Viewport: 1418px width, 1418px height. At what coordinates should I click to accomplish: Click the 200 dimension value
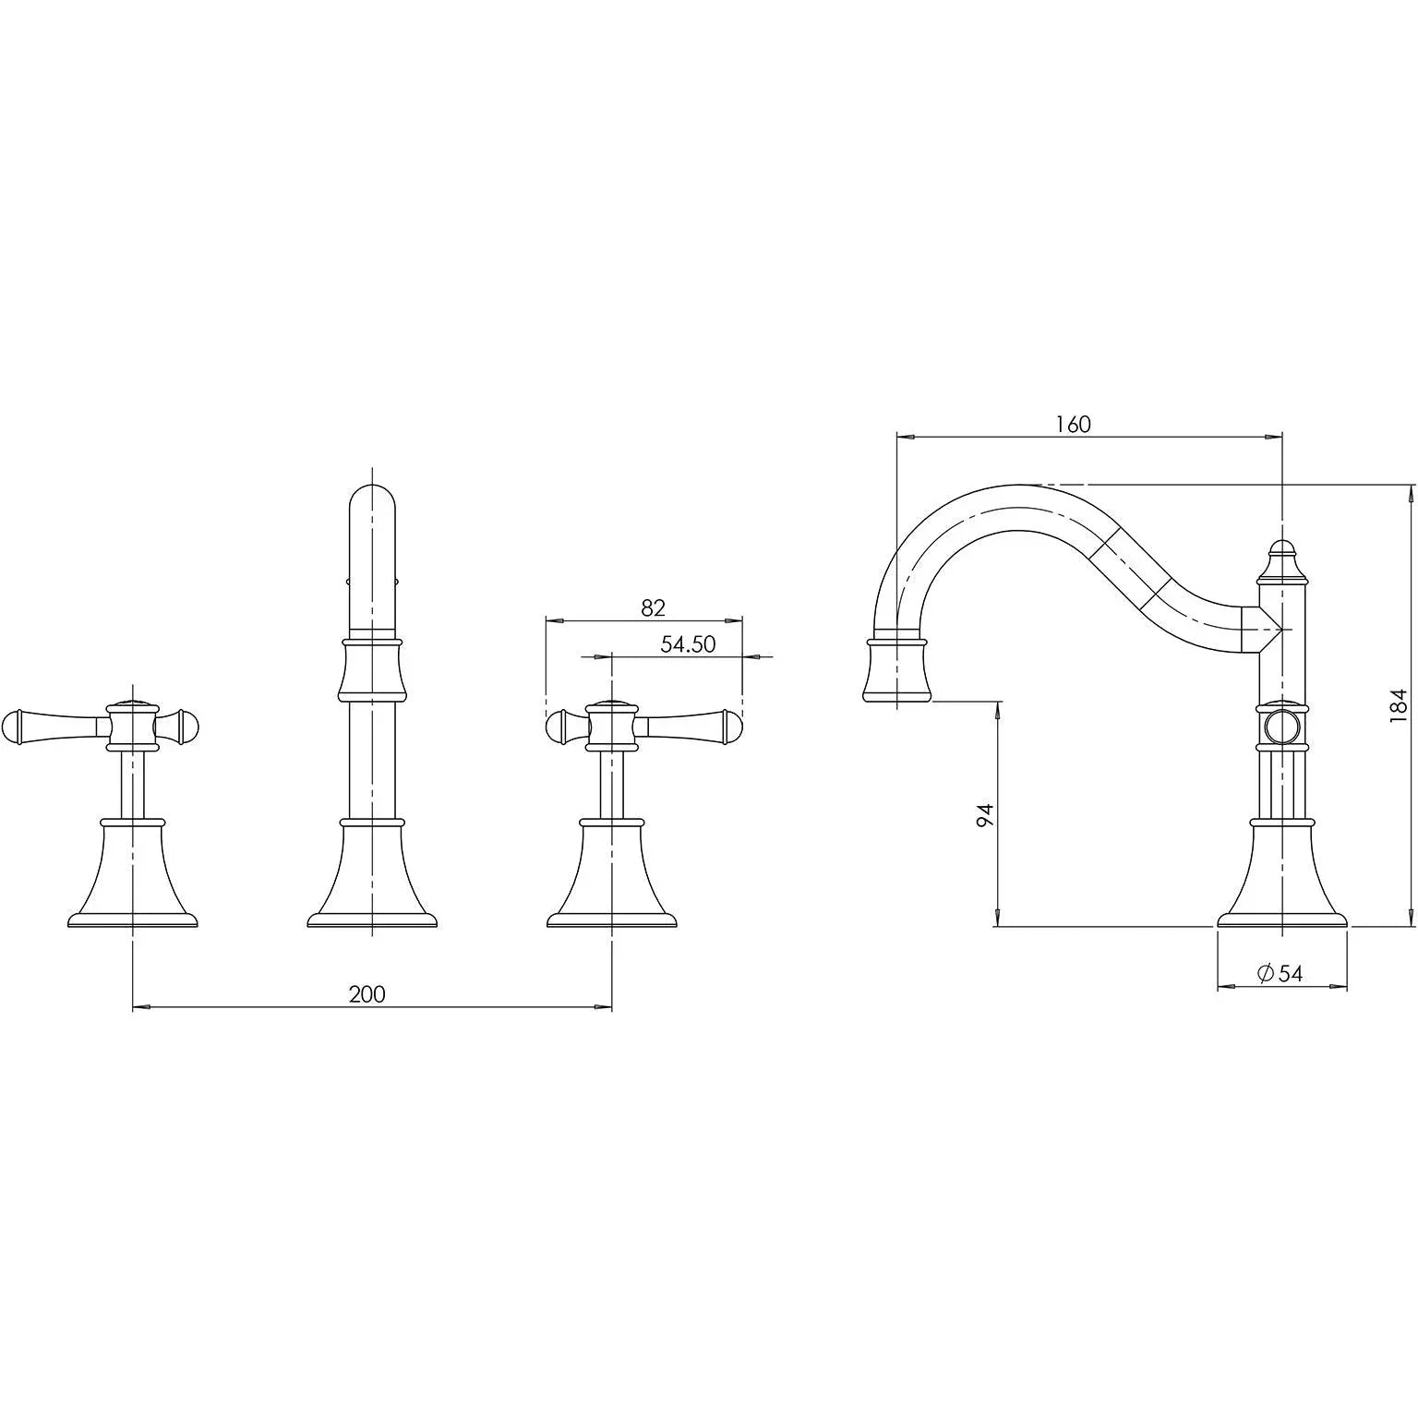tap(367, 993)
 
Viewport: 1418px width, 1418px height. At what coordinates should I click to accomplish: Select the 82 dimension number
tap(653, 607)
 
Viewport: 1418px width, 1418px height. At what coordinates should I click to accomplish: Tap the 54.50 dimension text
tap(688, 644)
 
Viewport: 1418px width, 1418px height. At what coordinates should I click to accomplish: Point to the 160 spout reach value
tap(1073, 424)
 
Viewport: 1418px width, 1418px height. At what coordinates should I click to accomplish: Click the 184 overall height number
tap(1399, 704)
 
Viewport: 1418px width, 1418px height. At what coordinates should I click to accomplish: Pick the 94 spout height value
tap(985, 815)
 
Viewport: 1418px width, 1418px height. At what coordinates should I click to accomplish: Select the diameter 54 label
tap(1280, 973)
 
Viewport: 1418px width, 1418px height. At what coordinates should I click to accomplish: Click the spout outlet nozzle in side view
tap(895, 667)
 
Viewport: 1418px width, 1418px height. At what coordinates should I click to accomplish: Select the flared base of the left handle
tap(133, 872)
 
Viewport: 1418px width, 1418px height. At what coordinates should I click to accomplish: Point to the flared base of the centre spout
tap(371, 872)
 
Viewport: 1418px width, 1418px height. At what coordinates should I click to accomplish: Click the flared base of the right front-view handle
tap(611, 872)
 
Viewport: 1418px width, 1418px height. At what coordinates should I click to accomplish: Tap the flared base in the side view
tap(1282, 872)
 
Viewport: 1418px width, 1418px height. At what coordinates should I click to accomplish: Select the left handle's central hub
tap(133, 726)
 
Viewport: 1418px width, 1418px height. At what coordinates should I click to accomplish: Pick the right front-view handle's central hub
tap(611, 726)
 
